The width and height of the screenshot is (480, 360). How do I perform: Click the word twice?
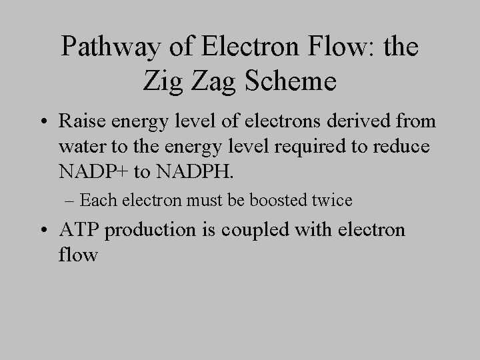331,199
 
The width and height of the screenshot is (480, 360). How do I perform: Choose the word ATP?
79,230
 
